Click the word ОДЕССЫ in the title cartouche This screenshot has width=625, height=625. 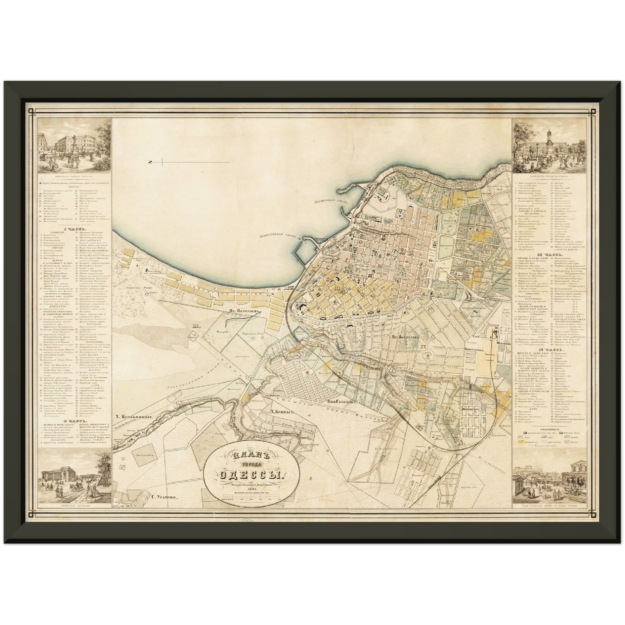[250, 474]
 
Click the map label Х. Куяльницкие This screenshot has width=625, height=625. [136, 417]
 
